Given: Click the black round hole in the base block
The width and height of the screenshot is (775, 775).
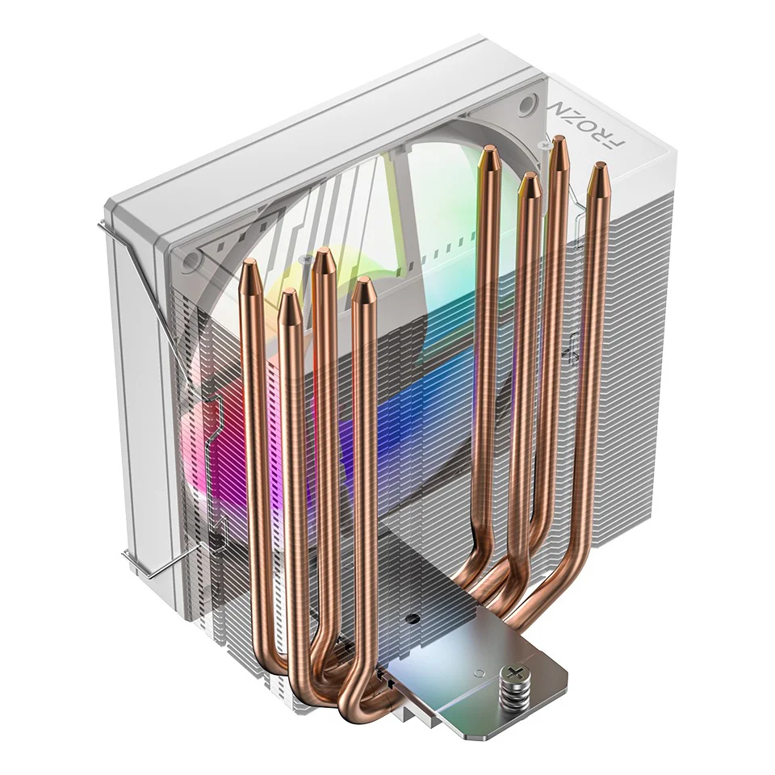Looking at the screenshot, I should [413, 620].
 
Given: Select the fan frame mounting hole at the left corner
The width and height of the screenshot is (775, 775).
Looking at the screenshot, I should [191, 259].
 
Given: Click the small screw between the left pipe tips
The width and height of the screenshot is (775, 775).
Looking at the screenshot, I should [306, 259].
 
